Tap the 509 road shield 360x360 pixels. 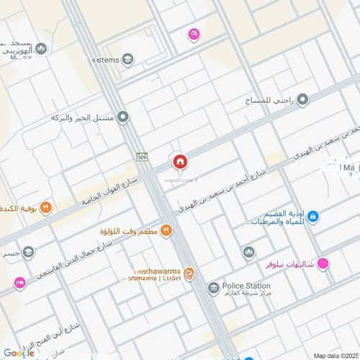coord(143,156)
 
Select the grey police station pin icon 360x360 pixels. coord(213,289)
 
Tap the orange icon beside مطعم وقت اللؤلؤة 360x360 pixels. coord(166,230)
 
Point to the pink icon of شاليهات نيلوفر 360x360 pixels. coord(324,264)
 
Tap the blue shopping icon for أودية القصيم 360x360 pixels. coord(312,216)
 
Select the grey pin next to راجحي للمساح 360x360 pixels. coord(303,99)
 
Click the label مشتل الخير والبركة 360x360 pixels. coord(84,117)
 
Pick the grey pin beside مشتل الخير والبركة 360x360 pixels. coord(123,117)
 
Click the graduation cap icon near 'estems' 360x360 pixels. coord(127,59)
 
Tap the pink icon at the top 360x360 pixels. coord(193,34)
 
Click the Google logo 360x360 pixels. coord(19,352)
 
